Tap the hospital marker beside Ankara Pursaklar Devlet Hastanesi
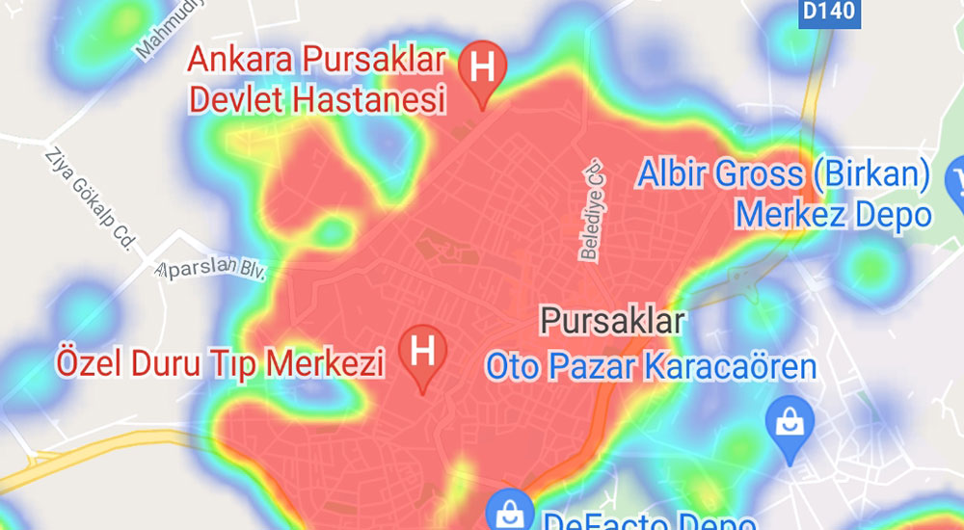point(483,70)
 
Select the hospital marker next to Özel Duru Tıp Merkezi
point(422,353)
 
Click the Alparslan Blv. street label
point(209,266)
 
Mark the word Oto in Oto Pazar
point(511,367)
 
